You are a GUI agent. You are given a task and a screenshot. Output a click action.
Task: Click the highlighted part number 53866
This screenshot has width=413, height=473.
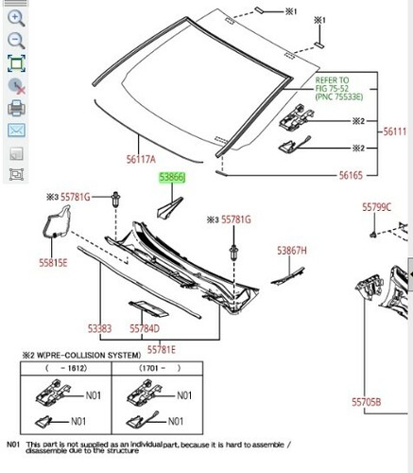[171, 177]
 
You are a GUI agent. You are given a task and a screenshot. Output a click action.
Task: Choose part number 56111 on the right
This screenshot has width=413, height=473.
[396, 133]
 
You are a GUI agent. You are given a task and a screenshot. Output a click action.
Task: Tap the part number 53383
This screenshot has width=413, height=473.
[100, 328]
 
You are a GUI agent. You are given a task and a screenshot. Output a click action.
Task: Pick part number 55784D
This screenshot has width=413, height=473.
[144, 328]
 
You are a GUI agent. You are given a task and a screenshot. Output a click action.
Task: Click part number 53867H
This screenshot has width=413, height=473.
[293, 251]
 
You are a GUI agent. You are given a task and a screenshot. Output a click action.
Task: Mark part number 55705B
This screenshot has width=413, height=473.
[368, 402]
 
